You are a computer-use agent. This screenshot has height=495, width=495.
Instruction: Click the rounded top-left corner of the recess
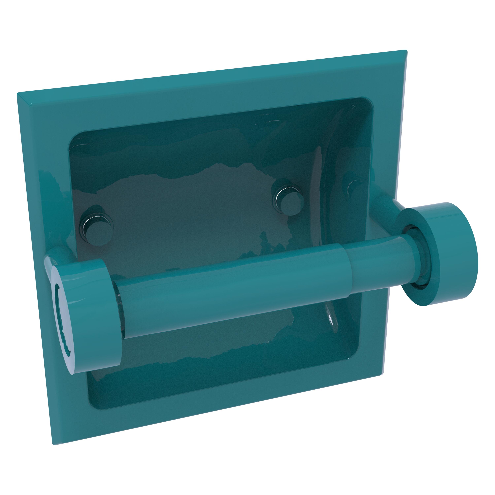(77, 138)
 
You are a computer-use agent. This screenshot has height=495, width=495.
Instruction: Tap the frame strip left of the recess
(44, 205)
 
